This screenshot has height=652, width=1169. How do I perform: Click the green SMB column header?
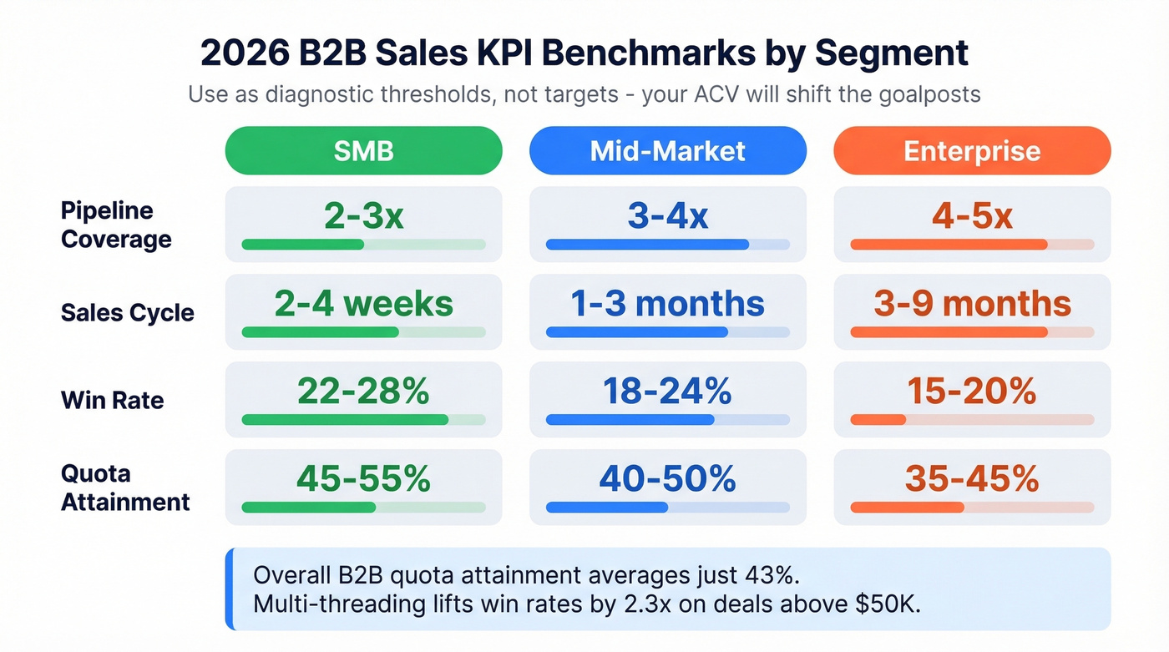pos(363,151)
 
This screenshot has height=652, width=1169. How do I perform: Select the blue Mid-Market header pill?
pos(667,151)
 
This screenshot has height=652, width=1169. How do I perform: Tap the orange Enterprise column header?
pos(972,151)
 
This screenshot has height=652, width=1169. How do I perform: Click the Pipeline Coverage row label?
pos(116,225)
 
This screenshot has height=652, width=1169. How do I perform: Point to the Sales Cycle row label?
pos(127,313)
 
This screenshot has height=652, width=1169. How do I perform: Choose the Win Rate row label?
pos(112,400)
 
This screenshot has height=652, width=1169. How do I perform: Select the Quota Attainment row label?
pos(125,488)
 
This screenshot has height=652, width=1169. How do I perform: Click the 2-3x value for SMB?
pos(363,217)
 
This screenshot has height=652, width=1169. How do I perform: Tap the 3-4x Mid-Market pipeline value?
pos(667,217)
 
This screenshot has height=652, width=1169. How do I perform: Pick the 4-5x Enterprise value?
pos(972,217)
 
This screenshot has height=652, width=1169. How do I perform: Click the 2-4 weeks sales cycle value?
pos(363,304)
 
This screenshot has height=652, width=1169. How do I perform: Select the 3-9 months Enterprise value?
pos(972,304)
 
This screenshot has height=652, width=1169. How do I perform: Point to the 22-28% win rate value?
pos(363,391)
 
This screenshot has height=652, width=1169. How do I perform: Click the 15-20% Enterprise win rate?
pos(972,391)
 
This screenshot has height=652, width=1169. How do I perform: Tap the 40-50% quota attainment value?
pos(667,478)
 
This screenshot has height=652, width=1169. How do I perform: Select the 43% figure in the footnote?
pos(762,575)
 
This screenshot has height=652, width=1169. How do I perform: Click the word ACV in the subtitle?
pos(713,94)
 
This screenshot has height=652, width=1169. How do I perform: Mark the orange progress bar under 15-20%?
pos(878,419)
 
